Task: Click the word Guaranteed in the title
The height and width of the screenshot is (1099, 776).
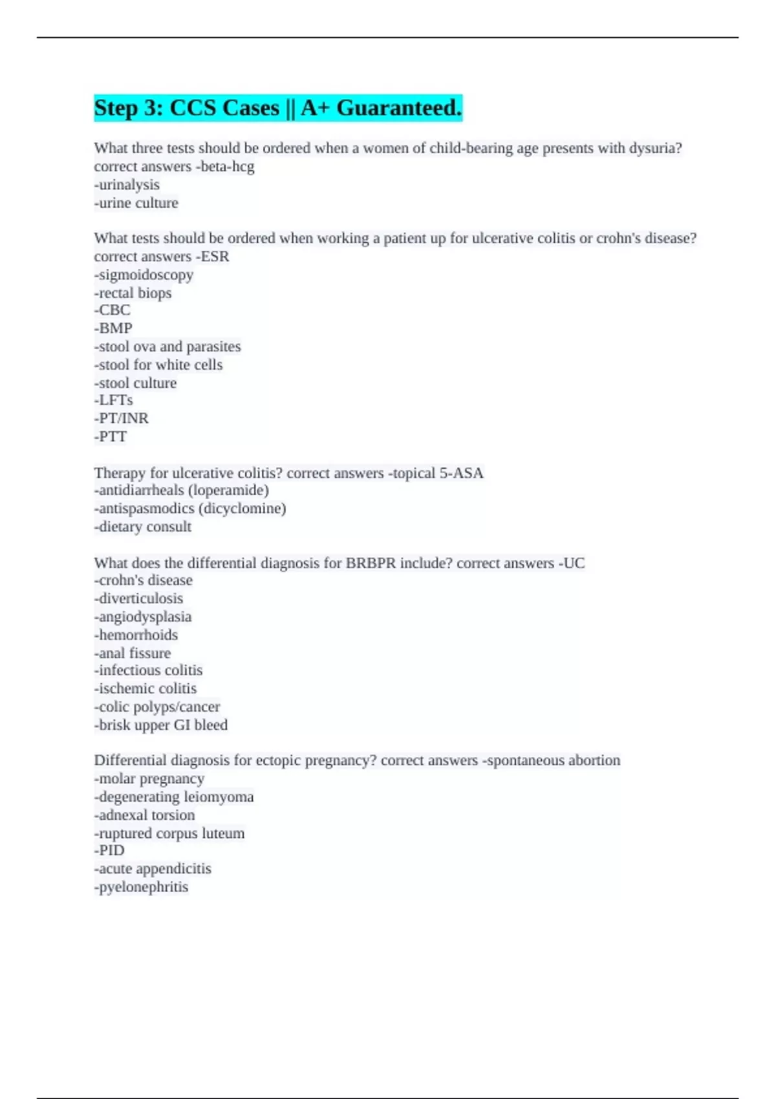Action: point(398,107)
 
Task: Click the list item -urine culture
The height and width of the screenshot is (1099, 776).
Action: point(136,203)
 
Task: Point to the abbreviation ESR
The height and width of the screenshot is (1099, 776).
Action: point(215,257)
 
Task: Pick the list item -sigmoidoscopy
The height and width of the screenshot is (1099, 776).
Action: point(144,275)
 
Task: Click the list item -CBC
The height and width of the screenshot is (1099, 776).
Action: point(112,310)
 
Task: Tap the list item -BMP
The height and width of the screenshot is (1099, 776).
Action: point(113,328)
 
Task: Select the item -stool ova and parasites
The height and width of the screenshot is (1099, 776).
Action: point(167,347)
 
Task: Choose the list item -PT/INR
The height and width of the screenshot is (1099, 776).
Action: point(121,418)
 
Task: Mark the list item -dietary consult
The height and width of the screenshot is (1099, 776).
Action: point(142,527)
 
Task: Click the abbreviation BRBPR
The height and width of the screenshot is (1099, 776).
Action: point(371,563)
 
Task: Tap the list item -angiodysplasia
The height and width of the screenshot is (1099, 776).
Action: point(142,617)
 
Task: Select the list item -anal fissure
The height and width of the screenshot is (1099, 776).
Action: point(133,653)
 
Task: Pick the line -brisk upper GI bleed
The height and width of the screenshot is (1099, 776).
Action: point(160,725)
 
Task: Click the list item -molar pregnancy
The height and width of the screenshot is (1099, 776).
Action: point(149,778)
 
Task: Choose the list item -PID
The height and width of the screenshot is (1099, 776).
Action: point(109,850)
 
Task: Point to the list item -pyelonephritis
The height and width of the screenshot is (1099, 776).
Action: point(141,887)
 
